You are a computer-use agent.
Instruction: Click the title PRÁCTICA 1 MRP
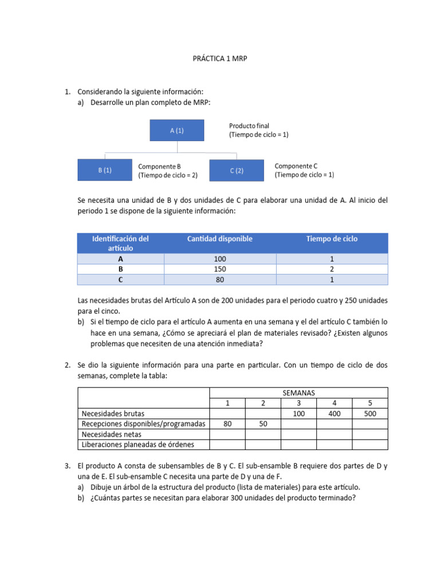[219, 58]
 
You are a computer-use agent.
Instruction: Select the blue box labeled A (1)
[176, 130]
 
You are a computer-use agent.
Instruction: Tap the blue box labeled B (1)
[104, 170]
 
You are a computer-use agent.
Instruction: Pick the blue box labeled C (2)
[237, 170]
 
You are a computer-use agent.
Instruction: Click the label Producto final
[249, 126]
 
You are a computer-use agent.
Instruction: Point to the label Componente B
[159, 166]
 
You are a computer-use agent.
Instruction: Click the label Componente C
[296, 166]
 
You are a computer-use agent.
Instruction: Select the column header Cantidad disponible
[219, 238]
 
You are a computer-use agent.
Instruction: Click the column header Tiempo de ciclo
[332, 238]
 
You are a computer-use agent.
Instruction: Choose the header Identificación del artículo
[120, 243]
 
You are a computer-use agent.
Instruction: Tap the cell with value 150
[219, 269]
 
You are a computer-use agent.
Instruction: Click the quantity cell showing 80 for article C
[219, 280]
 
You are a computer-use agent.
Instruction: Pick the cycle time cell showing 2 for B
[332, 269]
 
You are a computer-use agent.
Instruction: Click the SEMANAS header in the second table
[298, 393]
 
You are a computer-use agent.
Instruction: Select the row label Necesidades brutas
[113, 413]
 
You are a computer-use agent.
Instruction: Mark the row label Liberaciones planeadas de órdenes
[138, 444]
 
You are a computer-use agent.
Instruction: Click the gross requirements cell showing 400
[334, 413]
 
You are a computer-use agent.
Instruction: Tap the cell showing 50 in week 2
[263, 424]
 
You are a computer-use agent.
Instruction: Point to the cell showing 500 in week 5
[370, 413]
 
